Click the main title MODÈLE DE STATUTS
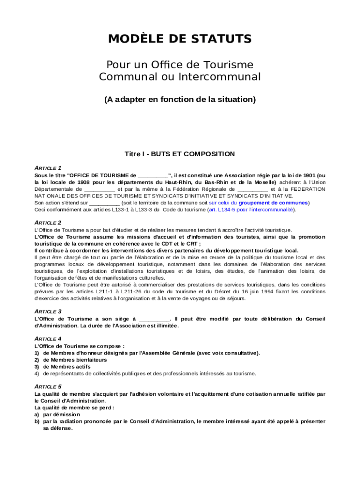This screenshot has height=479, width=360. pyautogui.click(x=180, y=39)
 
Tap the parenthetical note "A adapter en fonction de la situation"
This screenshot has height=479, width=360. pyautogui.click(x=180, y=99)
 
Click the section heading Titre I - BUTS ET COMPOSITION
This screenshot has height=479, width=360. pyautogui.click(x=180, y=154)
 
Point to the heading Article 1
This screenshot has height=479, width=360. pyautogui.click(x=48, y=167)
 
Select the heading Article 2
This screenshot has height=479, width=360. pyautogui.click(x=48, y=222)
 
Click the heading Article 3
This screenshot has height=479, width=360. pyautogui.click(x=48, y=311)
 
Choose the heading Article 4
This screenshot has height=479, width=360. pyautogui.click(x=48, y=338)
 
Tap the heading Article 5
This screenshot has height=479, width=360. pyautogui.click(x=48, y=386)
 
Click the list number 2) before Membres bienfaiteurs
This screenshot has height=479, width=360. pyautogui.click(x=37, y=360)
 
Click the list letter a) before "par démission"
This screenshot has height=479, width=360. pyautogui.click(x=37, y=414)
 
